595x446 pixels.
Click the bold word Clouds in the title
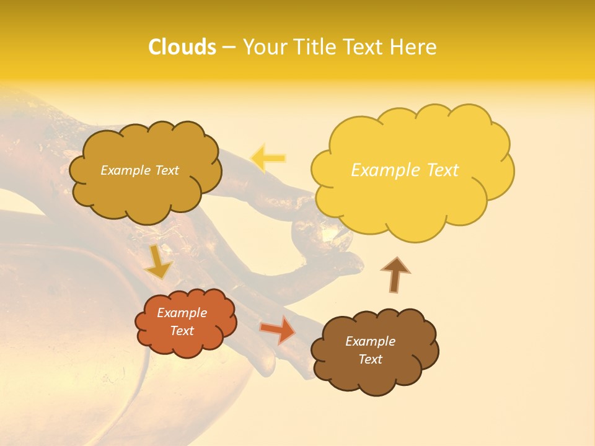[182, 47]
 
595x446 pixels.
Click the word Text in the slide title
[363, 47]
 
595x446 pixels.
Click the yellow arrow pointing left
[268, 158]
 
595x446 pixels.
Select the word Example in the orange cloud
[182, 313]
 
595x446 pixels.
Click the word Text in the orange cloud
[182, 331]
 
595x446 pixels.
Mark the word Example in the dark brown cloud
[370, 341]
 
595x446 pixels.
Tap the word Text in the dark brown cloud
[370, 359]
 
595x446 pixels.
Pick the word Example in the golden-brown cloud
[125, 170]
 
